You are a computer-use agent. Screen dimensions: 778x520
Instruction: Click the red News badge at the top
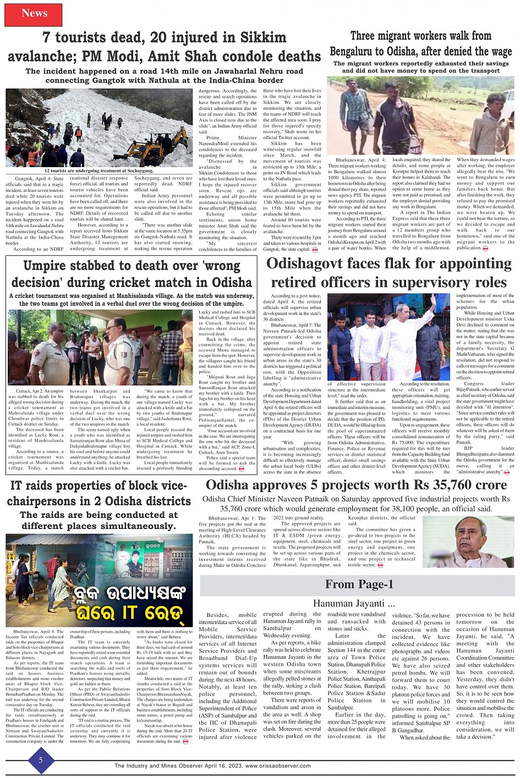point(34,14)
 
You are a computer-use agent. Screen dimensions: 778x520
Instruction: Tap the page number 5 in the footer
point(40,760)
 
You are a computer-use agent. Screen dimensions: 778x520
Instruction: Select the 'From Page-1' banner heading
point(359,584)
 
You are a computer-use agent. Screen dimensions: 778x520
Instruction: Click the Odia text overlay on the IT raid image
point(99,602)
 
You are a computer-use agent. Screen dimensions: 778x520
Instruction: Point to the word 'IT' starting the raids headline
point(17,486)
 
